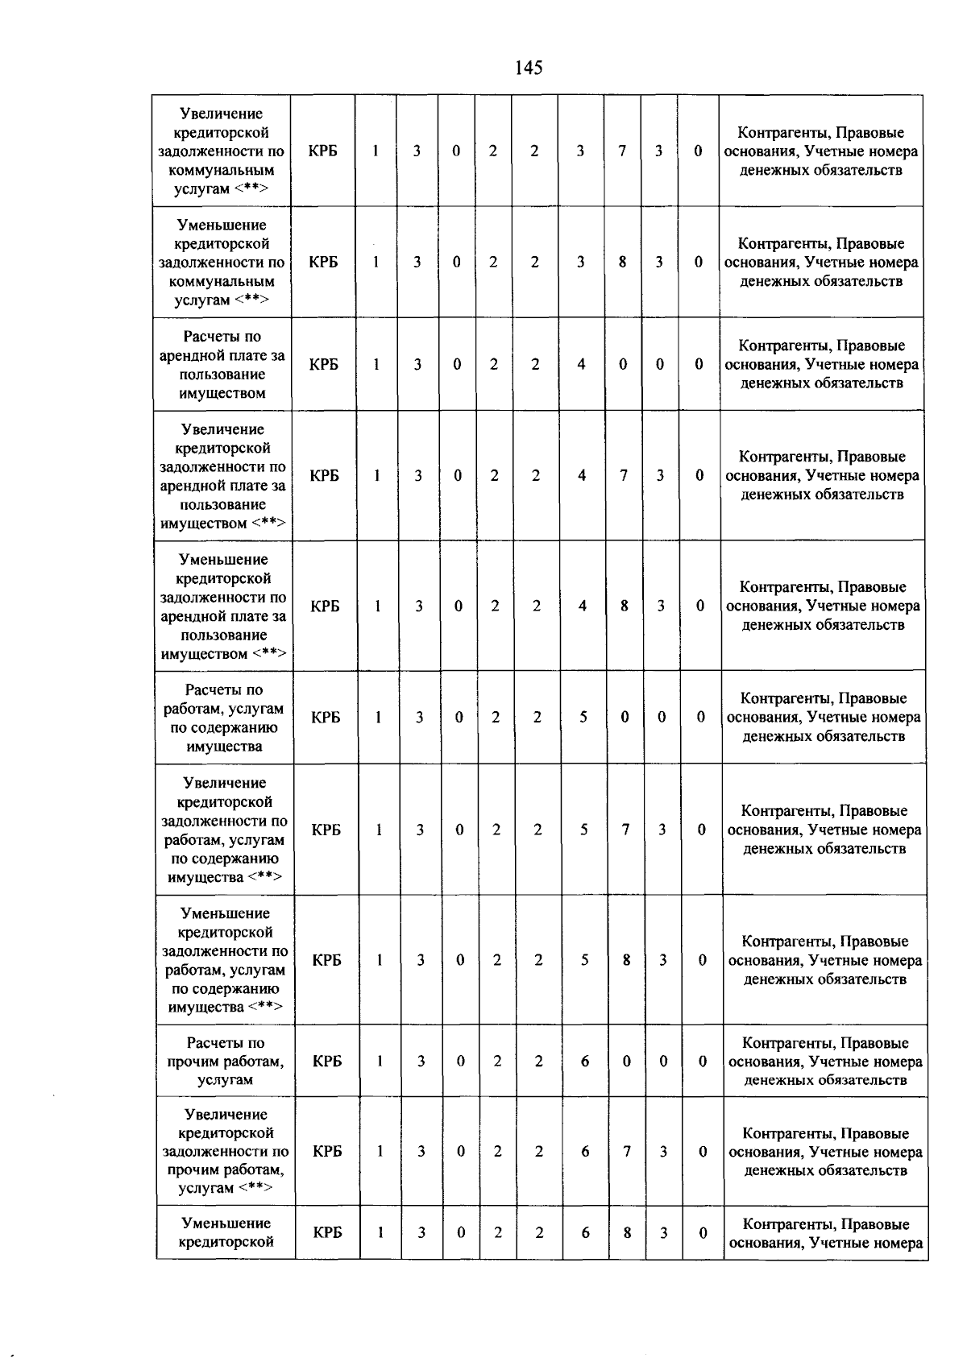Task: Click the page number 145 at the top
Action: point(529,68)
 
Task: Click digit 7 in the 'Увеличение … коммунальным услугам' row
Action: point(622,151)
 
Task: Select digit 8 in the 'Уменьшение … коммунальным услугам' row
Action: point(622,262)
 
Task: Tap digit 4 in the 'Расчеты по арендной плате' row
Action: point(581,364)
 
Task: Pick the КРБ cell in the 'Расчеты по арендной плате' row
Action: point(324,364)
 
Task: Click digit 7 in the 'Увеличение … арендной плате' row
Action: point(624,475)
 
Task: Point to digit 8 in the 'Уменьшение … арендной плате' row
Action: point(625,606)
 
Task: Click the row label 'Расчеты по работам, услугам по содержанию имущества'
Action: point(224,718)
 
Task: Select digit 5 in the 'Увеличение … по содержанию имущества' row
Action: point(583,830)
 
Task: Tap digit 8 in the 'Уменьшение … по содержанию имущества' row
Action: point(626,960)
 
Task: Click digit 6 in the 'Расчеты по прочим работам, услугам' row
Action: point(585,1061)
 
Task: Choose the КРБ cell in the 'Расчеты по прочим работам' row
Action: point(327,1061)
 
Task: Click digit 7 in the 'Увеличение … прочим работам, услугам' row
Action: point(626,1152)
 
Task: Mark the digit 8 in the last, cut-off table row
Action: point(627,1232)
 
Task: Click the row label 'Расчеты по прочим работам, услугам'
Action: point(226,1061)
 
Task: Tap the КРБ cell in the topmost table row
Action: point(322,151)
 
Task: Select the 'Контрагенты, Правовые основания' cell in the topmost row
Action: point(820,151)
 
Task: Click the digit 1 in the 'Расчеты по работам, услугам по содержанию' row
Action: point(378,717)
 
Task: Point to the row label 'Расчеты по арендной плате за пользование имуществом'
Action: point(222,364)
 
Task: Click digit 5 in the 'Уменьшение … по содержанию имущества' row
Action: point(584,960)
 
